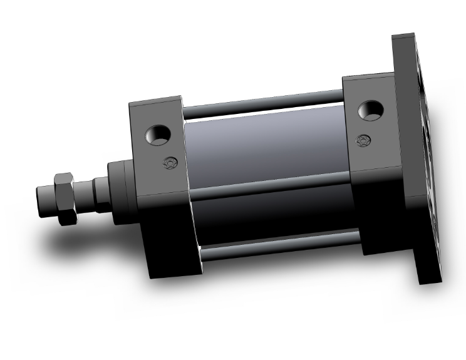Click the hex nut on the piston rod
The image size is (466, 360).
click(x=65, y=198)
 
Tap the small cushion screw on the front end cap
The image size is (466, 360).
click(x=167, y=163)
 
